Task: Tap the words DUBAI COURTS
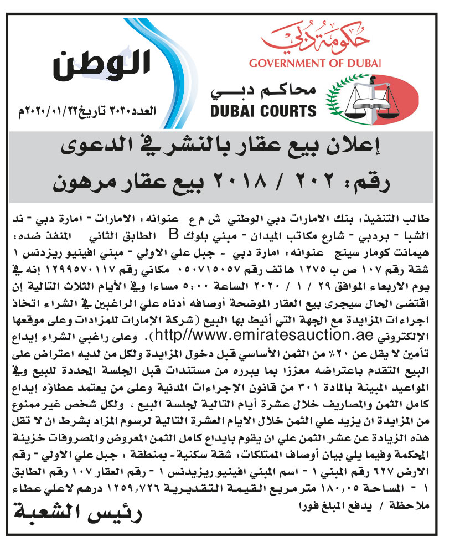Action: [x=263, y=111]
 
